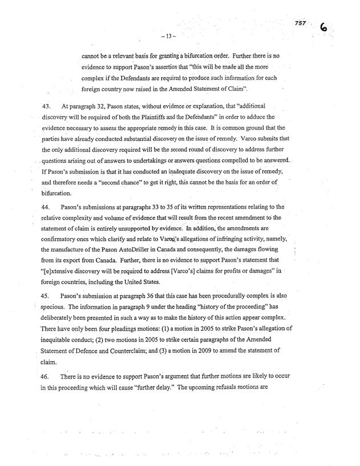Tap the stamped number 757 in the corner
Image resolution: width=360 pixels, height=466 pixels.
pyautogui.click(x=301, y=22)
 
